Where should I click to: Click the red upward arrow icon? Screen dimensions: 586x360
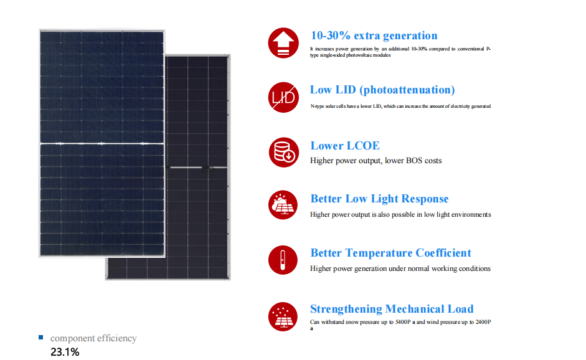click(283, 42)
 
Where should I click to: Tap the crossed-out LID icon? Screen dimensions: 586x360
click(283, 97)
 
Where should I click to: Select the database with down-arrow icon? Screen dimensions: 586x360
click(283, 152)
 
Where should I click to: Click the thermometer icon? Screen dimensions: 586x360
click(283, 260)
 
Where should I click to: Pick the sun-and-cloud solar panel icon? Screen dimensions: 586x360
click(283, 205)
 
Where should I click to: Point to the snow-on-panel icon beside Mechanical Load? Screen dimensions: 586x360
click(283, 316)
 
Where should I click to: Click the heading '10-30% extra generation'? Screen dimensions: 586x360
click(374, 36)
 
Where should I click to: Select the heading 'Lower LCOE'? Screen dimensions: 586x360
click(345, 145)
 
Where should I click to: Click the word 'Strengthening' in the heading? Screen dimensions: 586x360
click(346, 309)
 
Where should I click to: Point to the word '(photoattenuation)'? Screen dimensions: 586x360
click(407, 90)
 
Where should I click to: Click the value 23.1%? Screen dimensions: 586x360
click(65, 352)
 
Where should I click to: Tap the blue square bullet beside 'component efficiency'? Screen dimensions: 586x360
click(40, 338)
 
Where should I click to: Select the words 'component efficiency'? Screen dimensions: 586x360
click(93, 338)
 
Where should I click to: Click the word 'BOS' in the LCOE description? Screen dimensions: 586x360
click(414, 160)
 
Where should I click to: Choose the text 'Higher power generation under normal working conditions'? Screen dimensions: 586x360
click(400, 268)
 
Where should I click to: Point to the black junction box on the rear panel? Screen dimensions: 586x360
click(206, 168)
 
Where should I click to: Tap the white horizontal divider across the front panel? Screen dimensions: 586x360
click(102, 143)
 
